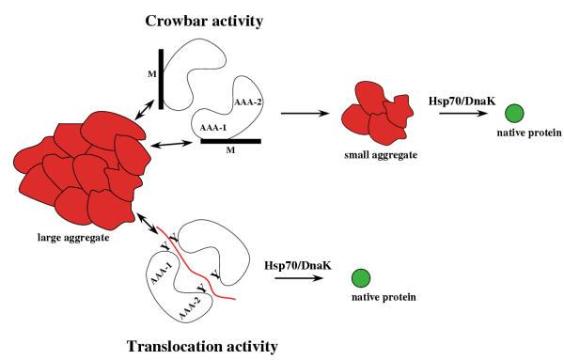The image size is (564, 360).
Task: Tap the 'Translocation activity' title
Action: tap(201, 346)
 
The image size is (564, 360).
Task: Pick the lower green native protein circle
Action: tap(358, 278)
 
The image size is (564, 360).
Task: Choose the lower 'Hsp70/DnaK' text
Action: tap(299, 265)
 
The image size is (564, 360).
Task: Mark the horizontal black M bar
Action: tap(230, 142)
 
